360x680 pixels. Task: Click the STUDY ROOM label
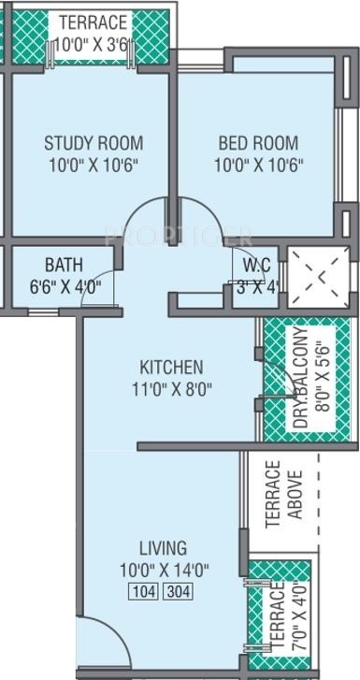point(94,143)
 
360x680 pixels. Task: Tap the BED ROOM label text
point(258,143)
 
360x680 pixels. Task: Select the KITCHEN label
point(171,366)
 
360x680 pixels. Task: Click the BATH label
point(64,265)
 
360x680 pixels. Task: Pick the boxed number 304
point(178,591)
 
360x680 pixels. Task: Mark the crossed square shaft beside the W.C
point(311,278)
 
